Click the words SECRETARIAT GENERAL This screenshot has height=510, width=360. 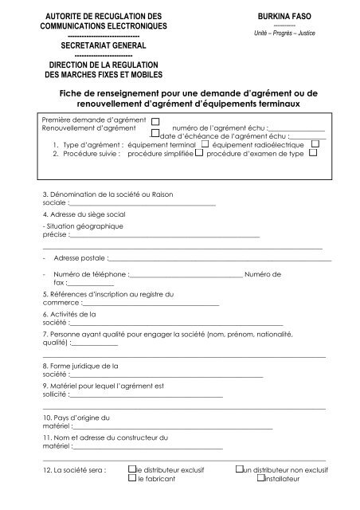(x=104, y=47)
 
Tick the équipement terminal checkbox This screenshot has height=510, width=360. (x=205, y=144)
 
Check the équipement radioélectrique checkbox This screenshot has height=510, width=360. (x=315, y=143)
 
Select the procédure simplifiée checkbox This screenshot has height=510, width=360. (x=200, y=154)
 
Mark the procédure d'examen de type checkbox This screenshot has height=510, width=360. (x=312, y=153)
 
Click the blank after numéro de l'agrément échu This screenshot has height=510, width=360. (x=297, y=128)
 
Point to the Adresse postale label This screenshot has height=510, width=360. (x=79, y=259)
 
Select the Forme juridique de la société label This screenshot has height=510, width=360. (x=80, y=366)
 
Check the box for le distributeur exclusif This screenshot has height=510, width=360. (x=131, y=471)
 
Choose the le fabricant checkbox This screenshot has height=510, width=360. (x=131, y=481)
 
